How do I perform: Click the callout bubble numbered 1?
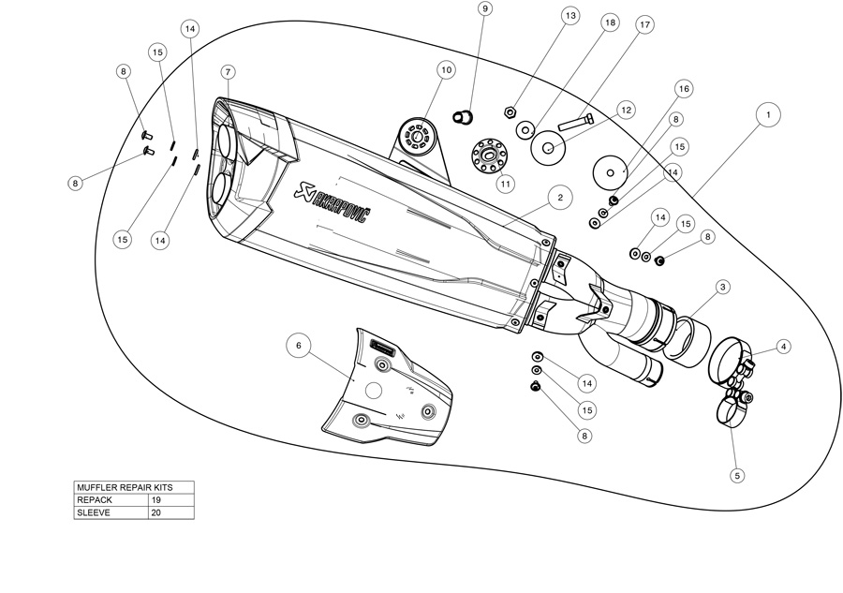point(768,114)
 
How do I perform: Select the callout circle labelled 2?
point(559,198)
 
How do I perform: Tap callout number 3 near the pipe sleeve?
point(723,287)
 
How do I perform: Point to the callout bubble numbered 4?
point(784,346)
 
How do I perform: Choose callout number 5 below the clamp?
point(737,476)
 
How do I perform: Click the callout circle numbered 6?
point(299,346)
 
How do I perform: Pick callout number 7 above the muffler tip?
point(228,72)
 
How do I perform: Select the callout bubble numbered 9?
point(484,9)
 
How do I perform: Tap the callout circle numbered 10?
point(445,69)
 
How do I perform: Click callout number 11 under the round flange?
point(506,184)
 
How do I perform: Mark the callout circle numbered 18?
point(610,23)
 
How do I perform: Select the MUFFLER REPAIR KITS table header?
point(135,487)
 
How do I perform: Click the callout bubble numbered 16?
point(683,88)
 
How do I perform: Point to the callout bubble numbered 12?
point(627,111)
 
